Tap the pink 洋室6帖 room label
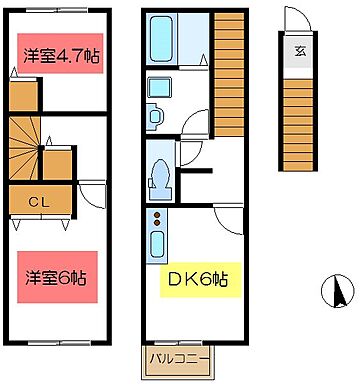[x=57, y=275]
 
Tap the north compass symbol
[x=338, y=293]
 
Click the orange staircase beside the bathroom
[x=230, y=75]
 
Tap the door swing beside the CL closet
[x=91, y=195]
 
